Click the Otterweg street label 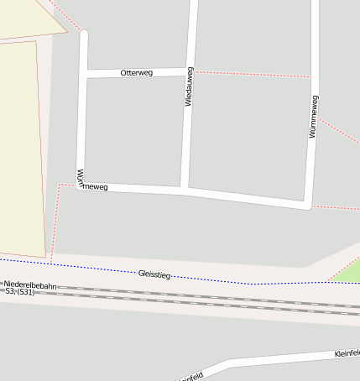pos(136,73)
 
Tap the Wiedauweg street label pos(190,86)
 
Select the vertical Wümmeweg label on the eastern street pos(313,117)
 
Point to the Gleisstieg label pos(154,274)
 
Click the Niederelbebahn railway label pos(29,285)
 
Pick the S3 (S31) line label pos(19,292)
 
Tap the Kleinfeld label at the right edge pos(347,353)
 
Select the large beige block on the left pos(18,143)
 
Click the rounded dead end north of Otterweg pos(83,35)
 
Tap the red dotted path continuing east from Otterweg pos(252,74)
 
